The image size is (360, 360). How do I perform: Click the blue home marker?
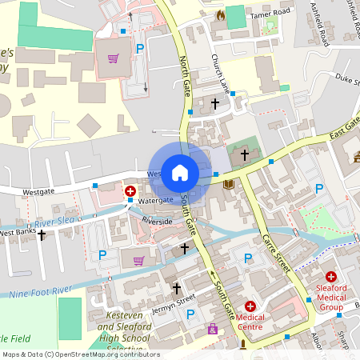pos(180,171)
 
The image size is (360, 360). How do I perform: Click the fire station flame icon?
pos(221,15)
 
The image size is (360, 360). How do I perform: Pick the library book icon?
pos(230,185)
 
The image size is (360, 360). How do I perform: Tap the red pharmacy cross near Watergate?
pos(130,191)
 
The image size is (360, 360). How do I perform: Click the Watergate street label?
pos(155,199)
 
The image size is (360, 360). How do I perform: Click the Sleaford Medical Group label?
pos(330,298)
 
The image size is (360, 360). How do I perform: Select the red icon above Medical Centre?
pos(250,306)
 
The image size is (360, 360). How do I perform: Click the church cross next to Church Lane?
pos(214,103)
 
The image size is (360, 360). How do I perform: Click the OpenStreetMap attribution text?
pos(80,354)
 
